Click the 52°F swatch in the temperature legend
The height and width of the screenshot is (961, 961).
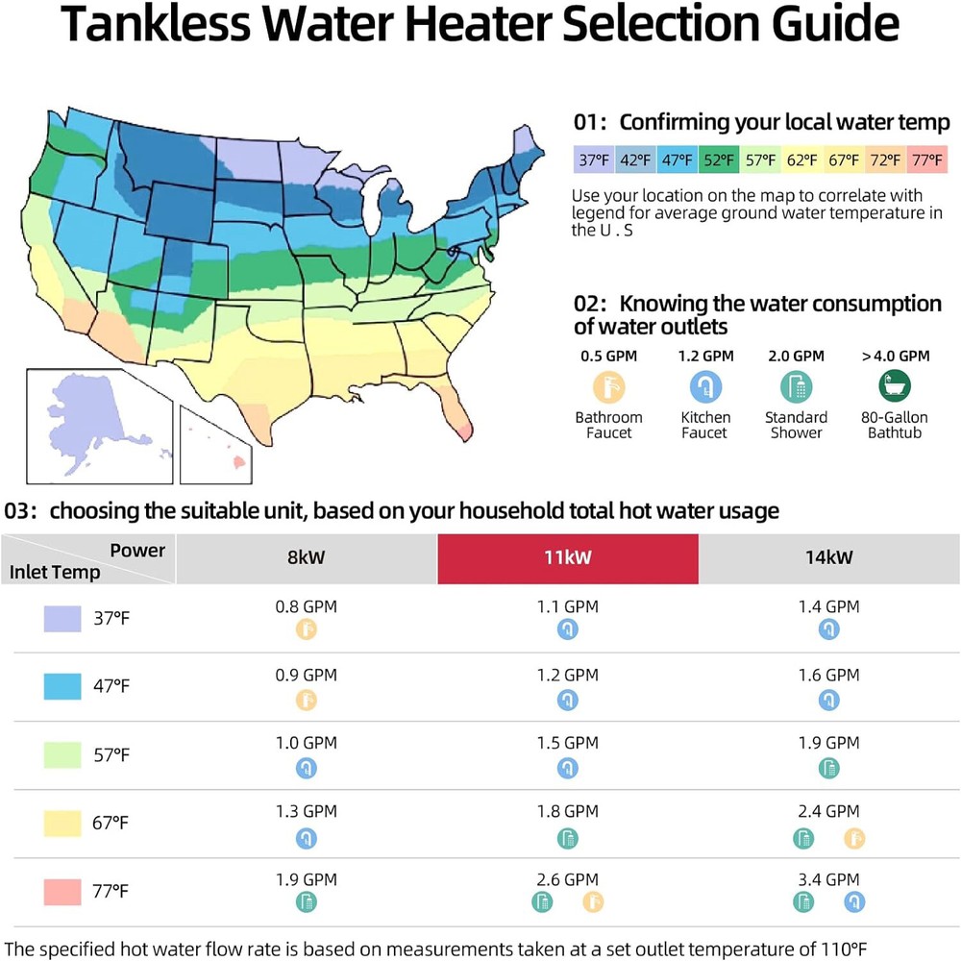718,160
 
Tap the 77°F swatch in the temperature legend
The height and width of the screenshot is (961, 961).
928,160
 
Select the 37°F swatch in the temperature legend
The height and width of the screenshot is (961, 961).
593,160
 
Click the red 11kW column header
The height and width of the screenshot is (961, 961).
568,558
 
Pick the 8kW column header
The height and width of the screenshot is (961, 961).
306,558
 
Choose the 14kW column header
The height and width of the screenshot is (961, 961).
828,558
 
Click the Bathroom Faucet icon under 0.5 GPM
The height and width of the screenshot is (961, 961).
608,387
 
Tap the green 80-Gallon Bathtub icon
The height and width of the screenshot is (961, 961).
895,387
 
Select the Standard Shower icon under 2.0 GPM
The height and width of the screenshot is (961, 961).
796,387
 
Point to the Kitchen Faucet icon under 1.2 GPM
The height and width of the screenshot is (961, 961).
705,387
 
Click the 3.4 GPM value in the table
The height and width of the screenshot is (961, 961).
828,879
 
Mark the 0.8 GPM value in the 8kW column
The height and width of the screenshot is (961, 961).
306,606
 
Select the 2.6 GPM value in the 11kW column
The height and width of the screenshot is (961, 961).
567,879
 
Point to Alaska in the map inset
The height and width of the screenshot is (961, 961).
91,418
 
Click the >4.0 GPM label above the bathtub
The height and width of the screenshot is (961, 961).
895,356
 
